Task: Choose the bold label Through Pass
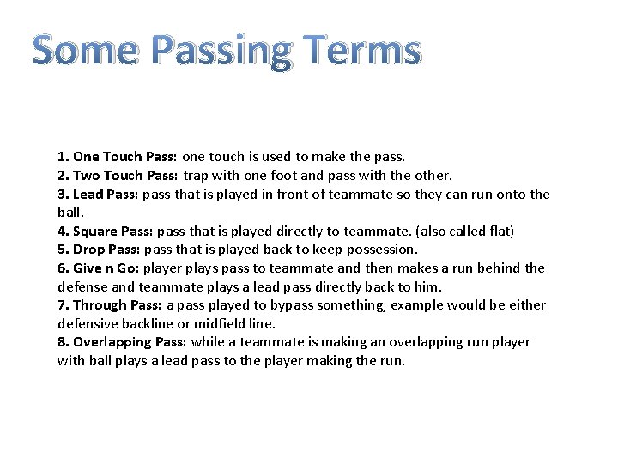(x=118, y=305)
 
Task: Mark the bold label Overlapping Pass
(x=130, y=342)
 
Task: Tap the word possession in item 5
(x=380, y=250)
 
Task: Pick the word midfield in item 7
(x=222, y=323)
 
